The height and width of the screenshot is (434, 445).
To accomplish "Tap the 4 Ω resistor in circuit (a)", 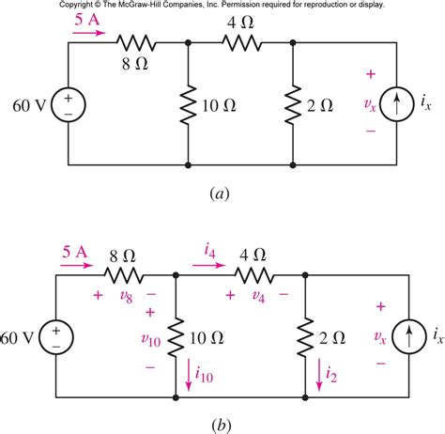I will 240,43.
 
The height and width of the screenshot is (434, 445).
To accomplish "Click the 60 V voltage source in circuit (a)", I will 70,102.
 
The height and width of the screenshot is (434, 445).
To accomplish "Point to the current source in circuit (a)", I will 402,102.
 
